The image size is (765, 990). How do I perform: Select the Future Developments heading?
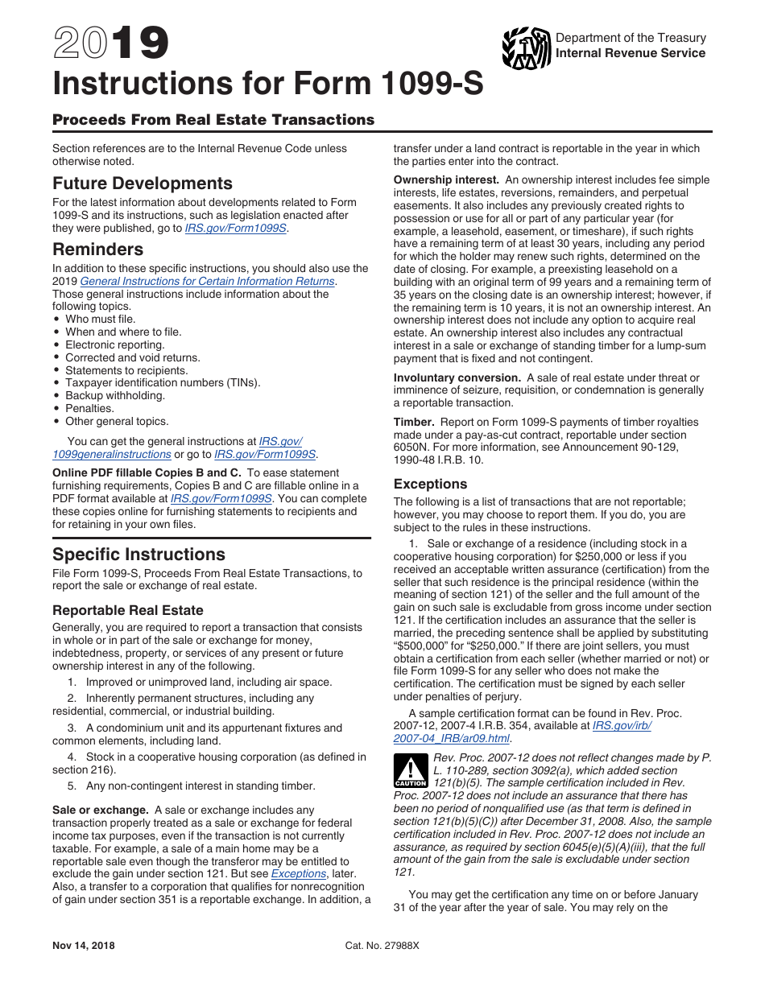pos(143,184)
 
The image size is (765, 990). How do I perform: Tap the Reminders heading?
pos(98,250)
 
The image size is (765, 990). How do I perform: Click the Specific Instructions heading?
pos(139,555)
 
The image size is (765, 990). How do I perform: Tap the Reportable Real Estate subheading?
pos(128,610)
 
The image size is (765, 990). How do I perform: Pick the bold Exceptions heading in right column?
pos(430,485)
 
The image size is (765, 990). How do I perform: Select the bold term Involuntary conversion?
pos(457,378)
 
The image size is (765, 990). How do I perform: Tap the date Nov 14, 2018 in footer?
pos(84,946)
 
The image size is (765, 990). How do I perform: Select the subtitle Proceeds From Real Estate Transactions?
pos(213,120)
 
